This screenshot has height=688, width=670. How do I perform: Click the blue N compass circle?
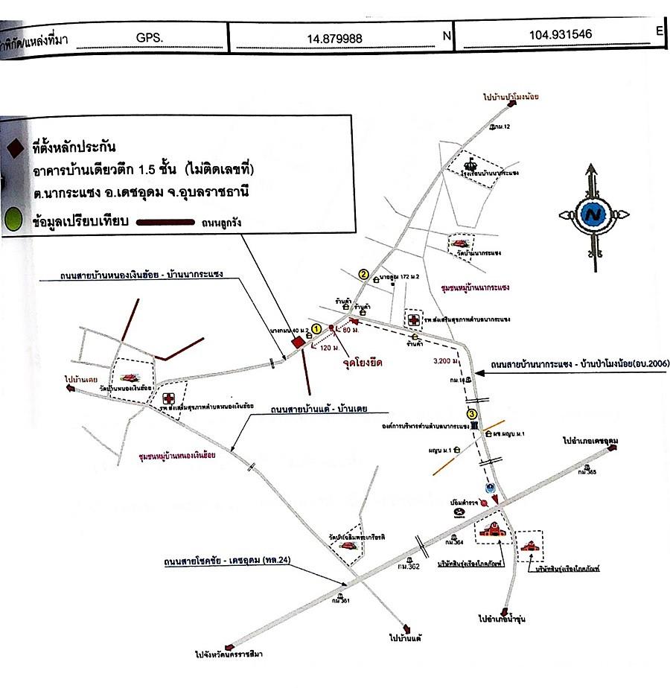[x=593, y=214]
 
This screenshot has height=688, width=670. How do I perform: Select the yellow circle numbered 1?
[x=316, y=328]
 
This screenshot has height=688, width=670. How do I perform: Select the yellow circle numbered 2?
[x=364, y=273]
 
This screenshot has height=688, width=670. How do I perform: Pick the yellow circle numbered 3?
[x=471, y=414]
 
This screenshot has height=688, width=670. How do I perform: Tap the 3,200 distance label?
[x=446, y=363]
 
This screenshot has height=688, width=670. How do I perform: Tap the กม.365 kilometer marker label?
[x=587, y=471]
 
